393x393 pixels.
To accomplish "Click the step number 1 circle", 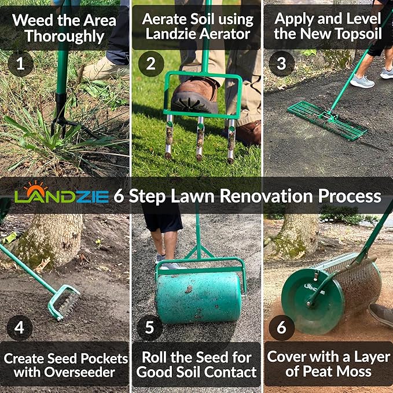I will [20, 64].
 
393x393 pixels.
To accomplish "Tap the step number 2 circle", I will [150, 64].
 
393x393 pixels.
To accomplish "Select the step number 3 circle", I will [281, 64].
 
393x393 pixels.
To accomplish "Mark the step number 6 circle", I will [281, 328].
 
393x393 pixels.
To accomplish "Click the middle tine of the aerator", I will [200, 139].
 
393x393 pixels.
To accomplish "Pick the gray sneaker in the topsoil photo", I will [362, 81].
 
